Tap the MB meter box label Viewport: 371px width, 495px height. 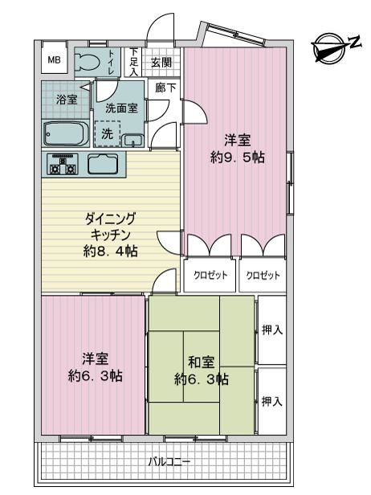[55, 59]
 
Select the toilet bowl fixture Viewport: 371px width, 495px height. [87, 62]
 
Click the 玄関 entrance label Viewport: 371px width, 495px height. [161, 62]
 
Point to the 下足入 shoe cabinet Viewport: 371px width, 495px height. [134, 62]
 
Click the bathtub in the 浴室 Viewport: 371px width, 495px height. [65, 134]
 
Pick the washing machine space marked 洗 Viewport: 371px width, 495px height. [108, 134]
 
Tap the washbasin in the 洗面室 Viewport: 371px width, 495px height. [133, 140]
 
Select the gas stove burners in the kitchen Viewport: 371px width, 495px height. [63, 164]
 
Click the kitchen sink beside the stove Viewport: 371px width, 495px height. [103, 164]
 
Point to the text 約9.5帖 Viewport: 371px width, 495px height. [237, 157]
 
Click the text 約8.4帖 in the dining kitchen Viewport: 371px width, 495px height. [111, 252]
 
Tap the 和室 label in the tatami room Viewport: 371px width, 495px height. [201, 362]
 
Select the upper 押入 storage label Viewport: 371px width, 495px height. [272, 330]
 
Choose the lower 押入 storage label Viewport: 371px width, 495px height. [272, 402]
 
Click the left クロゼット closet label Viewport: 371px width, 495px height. [210, 276]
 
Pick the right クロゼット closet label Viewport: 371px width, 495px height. [263, 276]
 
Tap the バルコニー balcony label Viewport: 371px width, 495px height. [169, 462]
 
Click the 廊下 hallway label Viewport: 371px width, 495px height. [165, 88]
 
